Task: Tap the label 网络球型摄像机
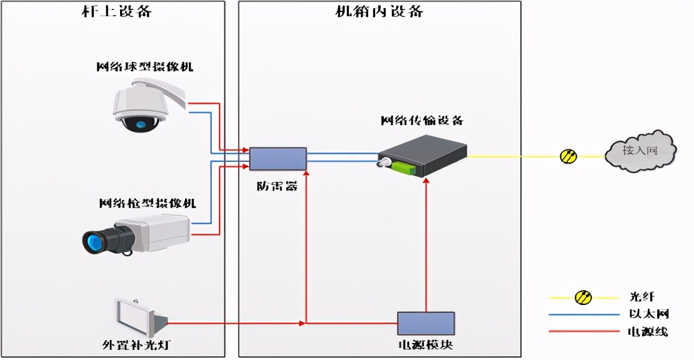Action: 144,66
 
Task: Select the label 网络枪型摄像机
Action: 148,203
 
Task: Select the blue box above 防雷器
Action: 278,159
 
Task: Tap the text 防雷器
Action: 277,185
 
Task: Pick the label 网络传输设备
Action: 423,121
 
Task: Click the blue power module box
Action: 426,324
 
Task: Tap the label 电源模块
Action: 426,345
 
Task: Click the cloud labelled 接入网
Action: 640,150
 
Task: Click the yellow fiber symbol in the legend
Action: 583,297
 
